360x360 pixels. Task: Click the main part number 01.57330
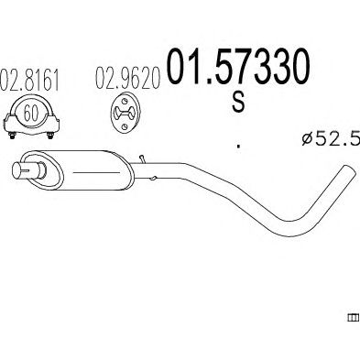pyautogui.click(x=237, y=67)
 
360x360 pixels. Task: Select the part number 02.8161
pyautogui.click(x=29, y=80)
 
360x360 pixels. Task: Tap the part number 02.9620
pyautogui.click(x=128, y=78)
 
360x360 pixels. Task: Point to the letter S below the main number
pyautogui.click(x=238, y=102)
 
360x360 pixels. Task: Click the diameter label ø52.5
pyautogui.click(x=331, y=138)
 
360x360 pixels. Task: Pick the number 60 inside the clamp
pyautogui.click(x=31, y=114)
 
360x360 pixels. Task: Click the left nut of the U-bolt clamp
pyautogui.click(x=12, y=136)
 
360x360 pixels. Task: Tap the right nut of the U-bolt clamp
pyautogui.click(x=50, y=136)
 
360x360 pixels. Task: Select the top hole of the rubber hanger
pyautogui.click(x=125, y=101)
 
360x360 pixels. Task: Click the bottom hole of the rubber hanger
pyautogui.click(x=124, y=126)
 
